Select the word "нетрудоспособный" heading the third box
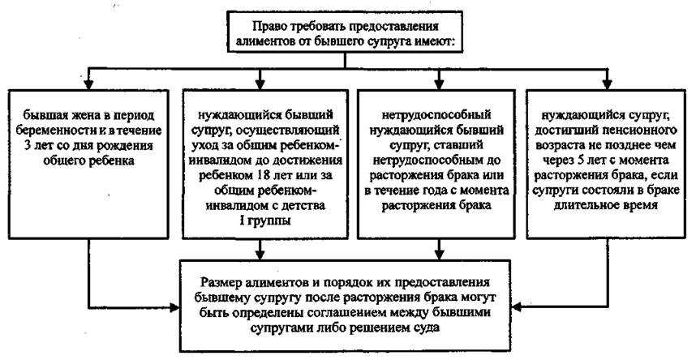click(436, 115)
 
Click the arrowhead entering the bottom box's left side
click(176, 306)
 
